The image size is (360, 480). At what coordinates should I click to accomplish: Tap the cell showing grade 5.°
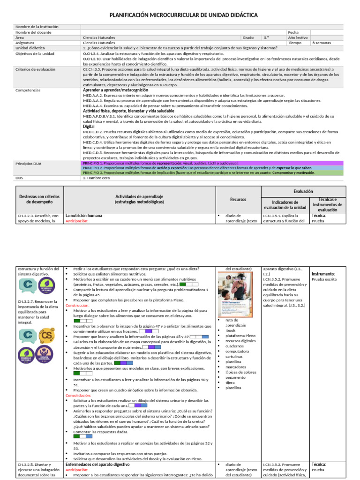266,37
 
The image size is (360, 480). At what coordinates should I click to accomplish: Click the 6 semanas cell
321,42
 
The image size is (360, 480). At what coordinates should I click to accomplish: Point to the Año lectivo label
298,37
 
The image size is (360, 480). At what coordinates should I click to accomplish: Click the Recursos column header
238,199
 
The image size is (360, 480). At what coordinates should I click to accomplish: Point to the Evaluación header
303,191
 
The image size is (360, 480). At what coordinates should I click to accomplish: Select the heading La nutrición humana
83,216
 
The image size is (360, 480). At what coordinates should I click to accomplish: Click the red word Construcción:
78,305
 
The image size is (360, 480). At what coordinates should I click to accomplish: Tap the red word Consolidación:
78,395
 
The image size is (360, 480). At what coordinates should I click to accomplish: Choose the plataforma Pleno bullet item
240,336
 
